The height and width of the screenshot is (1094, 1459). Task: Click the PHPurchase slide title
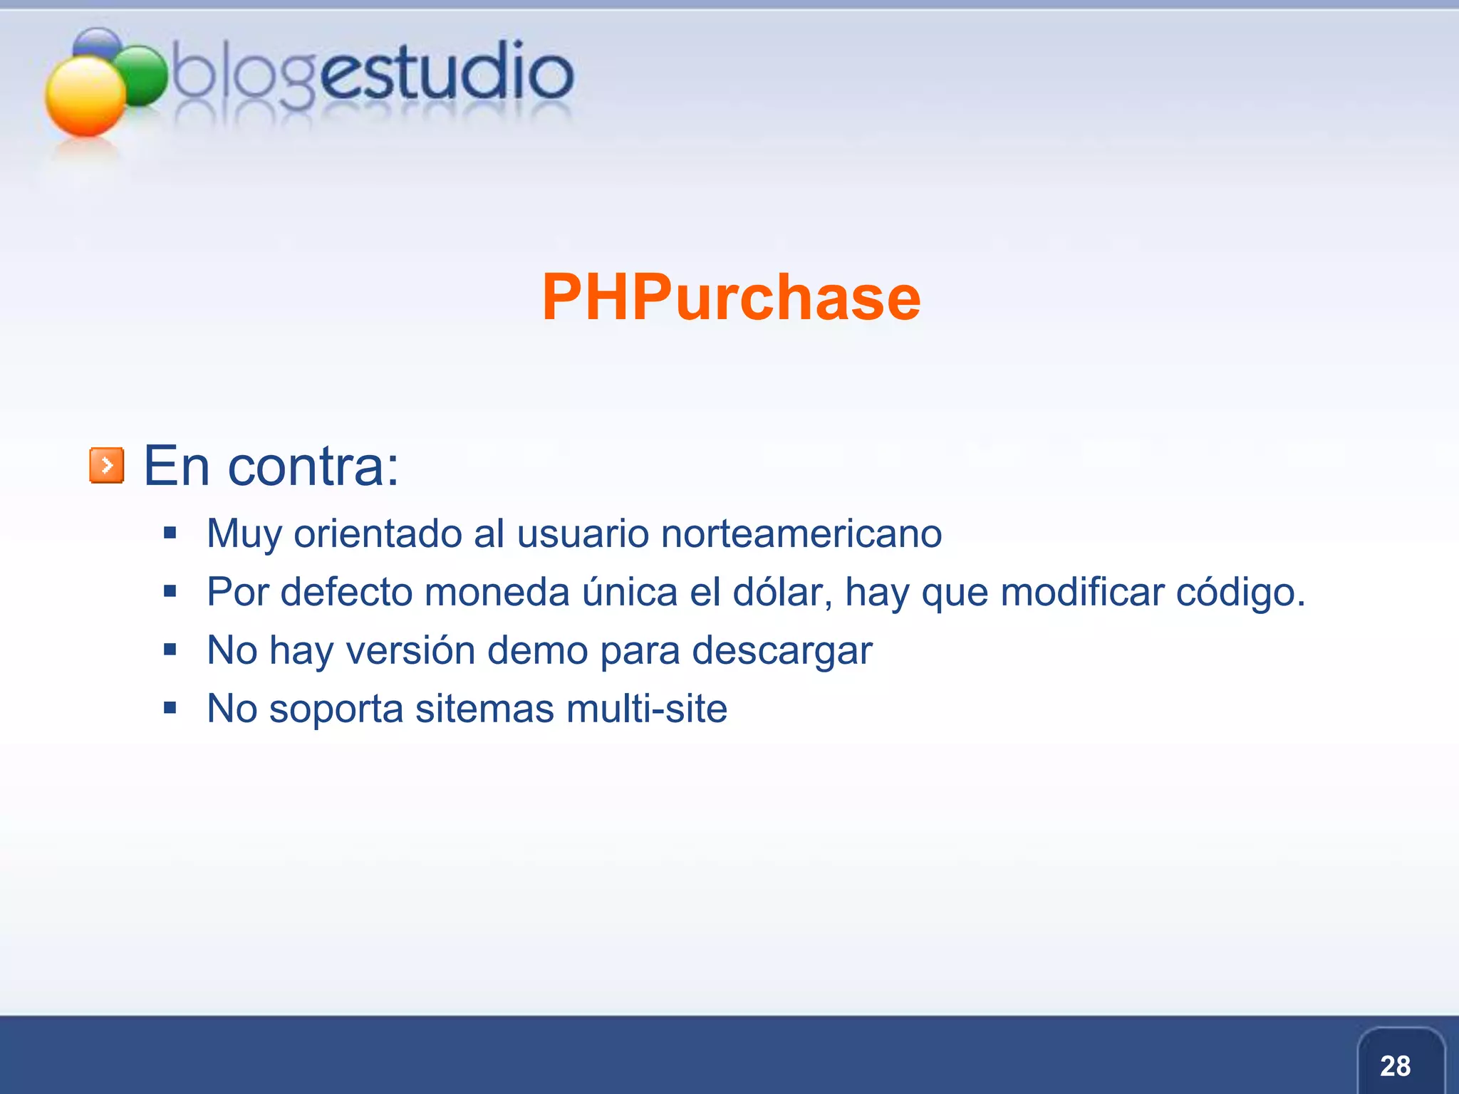(731, 298)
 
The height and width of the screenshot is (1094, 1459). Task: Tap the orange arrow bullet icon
(107, 466)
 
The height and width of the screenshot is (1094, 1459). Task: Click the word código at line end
(1240, 593)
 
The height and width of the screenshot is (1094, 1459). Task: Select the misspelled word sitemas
(484, 709)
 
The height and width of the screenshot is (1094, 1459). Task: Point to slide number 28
(1395, 1066)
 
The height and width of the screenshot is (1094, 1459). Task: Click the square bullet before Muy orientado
(170, 533)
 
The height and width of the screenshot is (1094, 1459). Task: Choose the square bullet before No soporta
(170, 708)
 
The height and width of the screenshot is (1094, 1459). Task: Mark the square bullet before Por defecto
(170, 591)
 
